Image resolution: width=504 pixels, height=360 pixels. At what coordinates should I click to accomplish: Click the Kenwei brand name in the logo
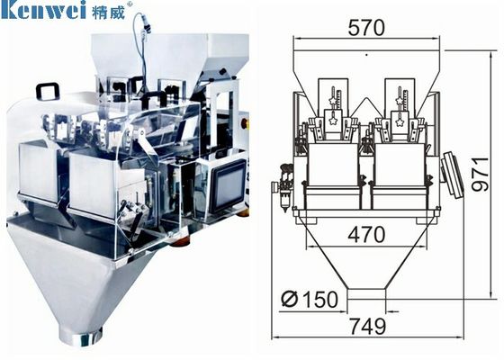pyautogui.click(x=43, y=9)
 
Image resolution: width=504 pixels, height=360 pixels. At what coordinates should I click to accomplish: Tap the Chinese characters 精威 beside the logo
pyautogui.click(x=108, y=11)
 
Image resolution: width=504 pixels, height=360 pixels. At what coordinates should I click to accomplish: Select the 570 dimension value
pyautogui.click(x=366, y=28)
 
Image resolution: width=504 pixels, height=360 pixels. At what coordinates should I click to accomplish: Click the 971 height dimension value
pyautogui.click(x=481, y=175)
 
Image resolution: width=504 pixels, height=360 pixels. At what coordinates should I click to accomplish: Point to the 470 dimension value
pyautogui.click(x=366, y=235)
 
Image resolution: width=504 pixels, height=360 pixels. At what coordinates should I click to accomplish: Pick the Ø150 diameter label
pyautogui.click(x=310, y=299)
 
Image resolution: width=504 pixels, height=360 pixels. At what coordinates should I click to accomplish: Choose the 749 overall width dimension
pyautogui.click(x=368, y=326)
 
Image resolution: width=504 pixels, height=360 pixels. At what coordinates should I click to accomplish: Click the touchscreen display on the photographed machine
pyautogui.click(x=228, y=186)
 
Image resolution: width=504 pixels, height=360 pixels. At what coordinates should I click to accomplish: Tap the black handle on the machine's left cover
pyautogui.click(x=48, y=90)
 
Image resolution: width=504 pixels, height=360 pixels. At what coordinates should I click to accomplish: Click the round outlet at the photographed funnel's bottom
pyautogui.click(x=81, y=337)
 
